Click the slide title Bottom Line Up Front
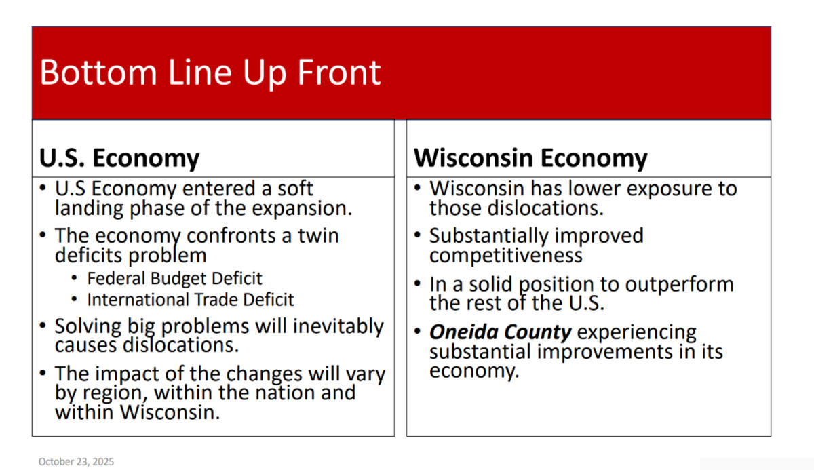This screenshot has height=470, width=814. pos(210,73)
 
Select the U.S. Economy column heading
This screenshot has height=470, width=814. pos(119,158)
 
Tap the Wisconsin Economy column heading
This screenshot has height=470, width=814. pos(530,158)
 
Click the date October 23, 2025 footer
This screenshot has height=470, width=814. pos(76,461)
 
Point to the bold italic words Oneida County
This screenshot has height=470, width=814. pos(501,332)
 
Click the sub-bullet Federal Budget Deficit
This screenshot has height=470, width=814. pos(174,279)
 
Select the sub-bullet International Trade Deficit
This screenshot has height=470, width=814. pos(191,300)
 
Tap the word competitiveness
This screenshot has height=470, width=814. pos(506,256)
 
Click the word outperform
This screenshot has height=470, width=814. pos(679,285)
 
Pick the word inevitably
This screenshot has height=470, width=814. pos(338,326)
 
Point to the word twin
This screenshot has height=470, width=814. pos(319,236)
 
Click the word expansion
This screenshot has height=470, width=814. pos(302,209)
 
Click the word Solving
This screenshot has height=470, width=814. pos(88,326)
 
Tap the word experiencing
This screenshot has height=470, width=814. pos(637,332)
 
